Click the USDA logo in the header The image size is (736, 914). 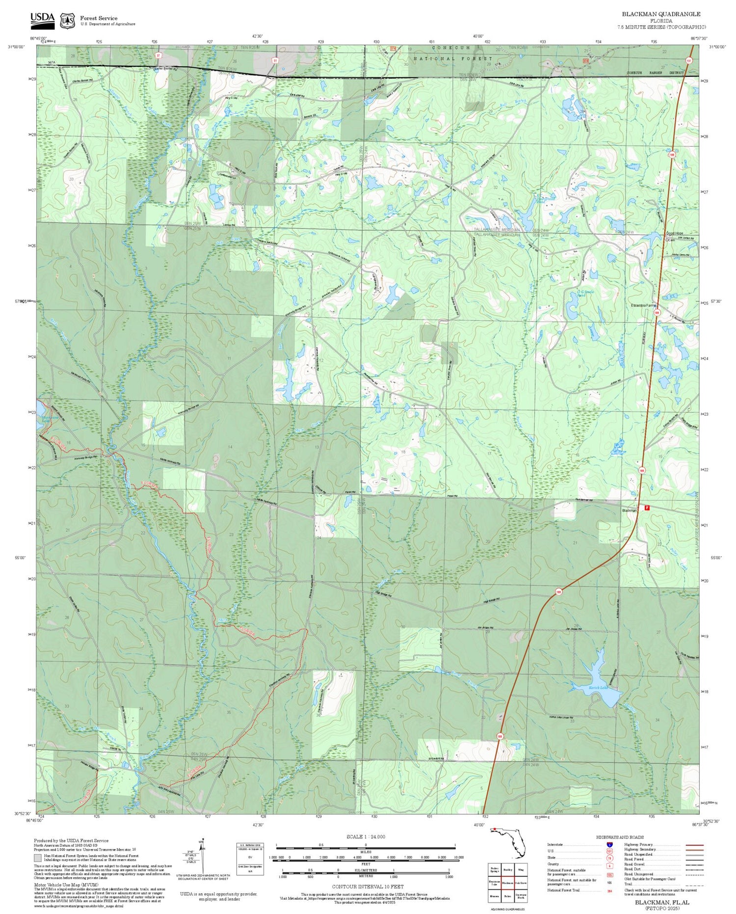point(42,19)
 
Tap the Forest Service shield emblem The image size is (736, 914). point(67,21)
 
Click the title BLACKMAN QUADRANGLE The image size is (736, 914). point(661,14)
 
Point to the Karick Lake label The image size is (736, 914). point(598,688)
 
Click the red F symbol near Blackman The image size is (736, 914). point(647,509)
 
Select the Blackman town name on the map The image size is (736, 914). point(629,511)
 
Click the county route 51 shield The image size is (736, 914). point(275,60)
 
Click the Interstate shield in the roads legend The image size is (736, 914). point(609,844)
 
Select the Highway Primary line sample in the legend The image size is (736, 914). point(692,845)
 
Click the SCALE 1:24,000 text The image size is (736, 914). point(366,836)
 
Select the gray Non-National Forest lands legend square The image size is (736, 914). point(38,858)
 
